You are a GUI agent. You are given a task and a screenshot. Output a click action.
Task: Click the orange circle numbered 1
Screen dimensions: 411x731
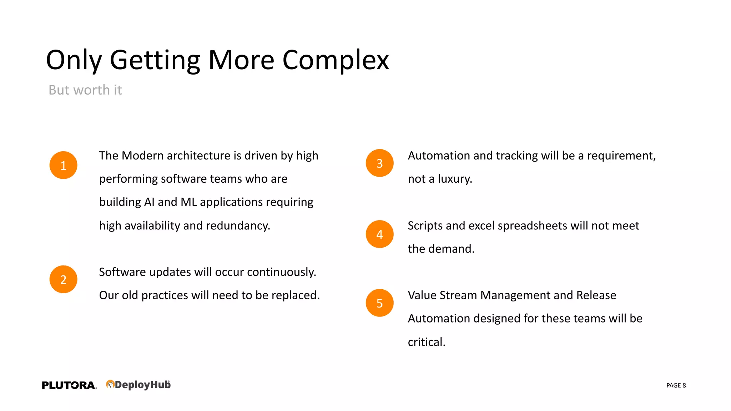(64, 165)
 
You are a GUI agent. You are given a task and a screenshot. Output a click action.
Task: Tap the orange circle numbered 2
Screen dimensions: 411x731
(64, 279)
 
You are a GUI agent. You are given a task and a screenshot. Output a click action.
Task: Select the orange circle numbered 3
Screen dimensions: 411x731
(379, 163)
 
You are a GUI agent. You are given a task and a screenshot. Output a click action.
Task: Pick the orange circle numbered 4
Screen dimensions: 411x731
(379, 234)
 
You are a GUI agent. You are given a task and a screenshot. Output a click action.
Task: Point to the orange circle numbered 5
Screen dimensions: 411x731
(379, 303)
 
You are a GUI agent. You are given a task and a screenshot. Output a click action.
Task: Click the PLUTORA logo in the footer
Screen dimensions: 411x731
(69, 385)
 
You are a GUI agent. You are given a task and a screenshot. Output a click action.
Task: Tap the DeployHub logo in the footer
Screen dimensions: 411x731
(138, 385)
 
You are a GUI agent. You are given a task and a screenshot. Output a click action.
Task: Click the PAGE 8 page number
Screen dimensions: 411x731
(676, 385)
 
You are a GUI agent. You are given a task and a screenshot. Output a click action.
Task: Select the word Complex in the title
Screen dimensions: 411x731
(336, 60)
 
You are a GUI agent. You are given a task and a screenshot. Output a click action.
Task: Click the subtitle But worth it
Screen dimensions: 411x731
(85, 90)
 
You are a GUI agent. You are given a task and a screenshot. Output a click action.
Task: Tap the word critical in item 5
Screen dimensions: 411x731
(426, 342)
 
